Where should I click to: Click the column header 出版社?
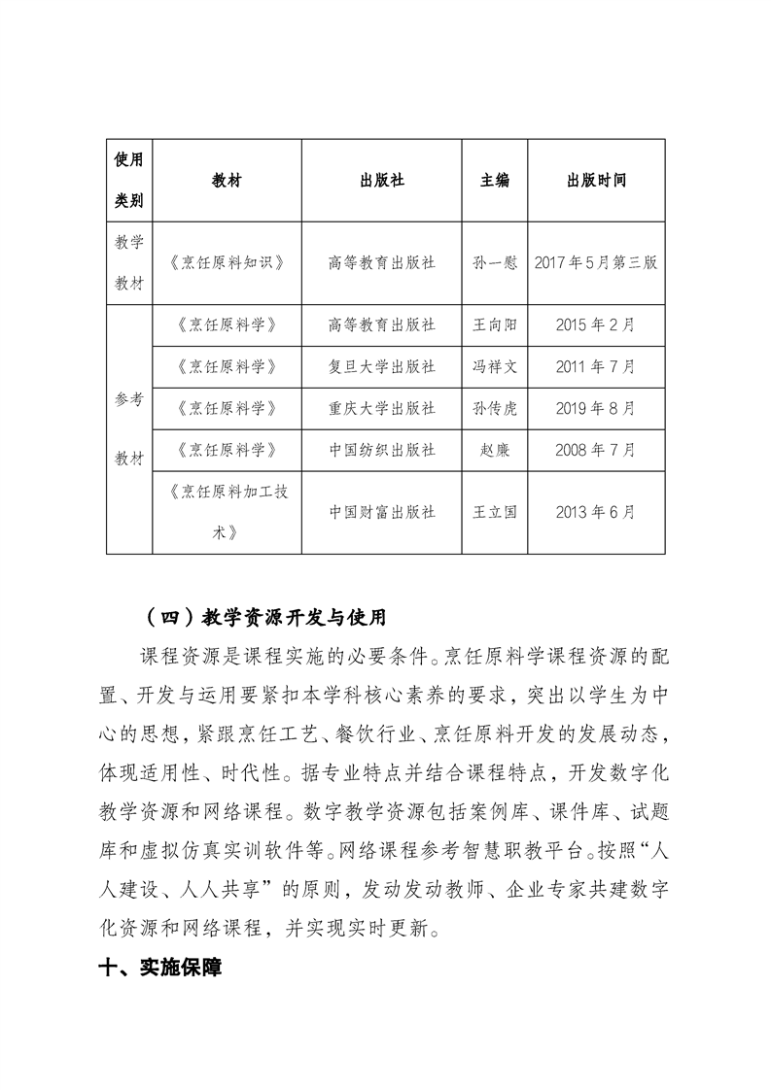click(x=381, y=182)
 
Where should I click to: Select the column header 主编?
click(x=495, y=182)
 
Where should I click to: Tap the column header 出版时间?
click(x=596, y=182)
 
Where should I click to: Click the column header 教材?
click(x=226, y=182)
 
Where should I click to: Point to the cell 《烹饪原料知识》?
click(x=226, y=263)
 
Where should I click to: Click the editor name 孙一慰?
click(x=495, y=263)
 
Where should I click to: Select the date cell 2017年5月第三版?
click(x=596, y=263)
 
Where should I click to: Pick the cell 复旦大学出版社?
click(x=381, y=367)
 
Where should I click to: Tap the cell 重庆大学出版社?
click(x=381, y=409)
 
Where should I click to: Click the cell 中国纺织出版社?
click(x=381, y=451)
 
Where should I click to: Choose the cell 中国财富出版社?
click(x=381, y=512)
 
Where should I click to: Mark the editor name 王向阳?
click(x=495, y=325)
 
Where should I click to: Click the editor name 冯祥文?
click(x=495, y=367)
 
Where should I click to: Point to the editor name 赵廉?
click(x=495, y=451)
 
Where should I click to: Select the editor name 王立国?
click(x=495, y=512)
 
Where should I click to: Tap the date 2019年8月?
click(x=596, y=409)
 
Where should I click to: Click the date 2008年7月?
click(x=596, y=451)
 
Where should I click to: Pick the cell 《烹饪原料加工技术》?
click(x=226, y=512)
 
